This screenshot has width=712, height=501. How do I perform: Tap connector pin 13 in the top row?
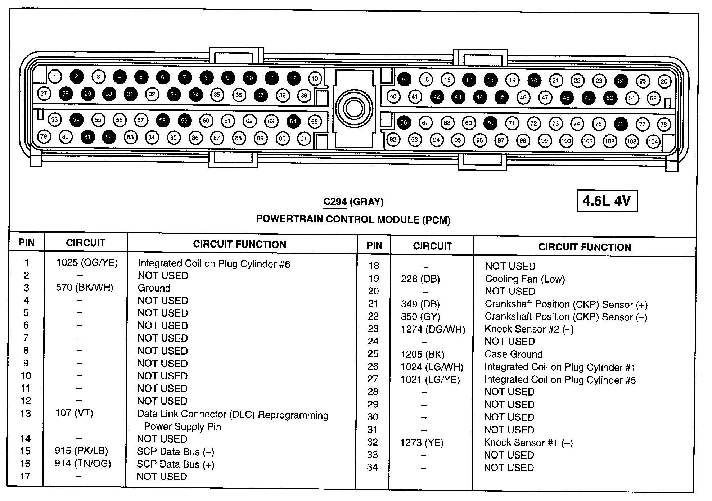[x=315, y=78]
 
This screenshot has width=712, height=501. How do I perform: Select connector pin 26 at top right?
[x=664, y=81]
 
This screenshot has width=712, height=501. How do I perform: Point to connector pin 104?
[x=653, y=141]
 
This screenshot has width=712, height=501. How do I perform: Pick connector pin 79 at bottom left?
[x=44, y=136]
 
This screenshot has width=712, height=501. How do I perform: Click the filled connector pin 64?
[x=293, y=121]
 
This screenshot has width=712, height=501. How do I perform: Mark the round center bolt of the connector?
[x=354, y=108]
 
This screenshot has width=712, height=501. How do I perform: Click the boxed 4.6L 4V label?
[x=607, y=201]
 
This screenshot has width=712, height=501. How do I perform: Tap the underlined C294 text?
[x=335, y=202]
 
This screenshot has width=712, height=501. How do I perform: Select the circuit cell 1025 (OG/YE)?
[x=87, y=263]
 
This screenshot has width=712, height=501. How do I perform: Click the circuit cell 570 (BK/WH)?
[x=84, y=288]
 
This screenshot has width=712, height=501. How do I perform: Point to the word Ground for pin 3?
[x=154, y=288]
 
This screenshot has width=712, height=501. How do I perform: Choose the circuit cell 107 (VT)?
[x=74, y=413]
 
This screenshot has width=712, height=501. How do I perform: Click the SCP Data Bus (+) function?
[x=175, y=464]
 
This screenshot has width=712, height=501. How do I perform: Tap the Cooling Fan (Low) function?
[x=525, y=279]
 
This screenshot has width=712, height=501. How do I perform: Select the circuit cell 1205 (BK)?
[x=422, y=354]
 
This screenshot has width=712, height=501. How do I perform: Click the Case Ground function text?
[x=513, y=354]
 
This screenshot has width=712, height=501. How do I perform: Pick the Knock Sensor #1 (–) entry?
[x=528, y=442]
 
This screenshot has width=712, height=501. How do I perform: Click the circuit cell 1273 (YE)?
[x=422, y=442]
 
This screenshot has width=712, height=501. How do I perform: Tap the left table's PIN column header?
[x=26, y=242]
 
